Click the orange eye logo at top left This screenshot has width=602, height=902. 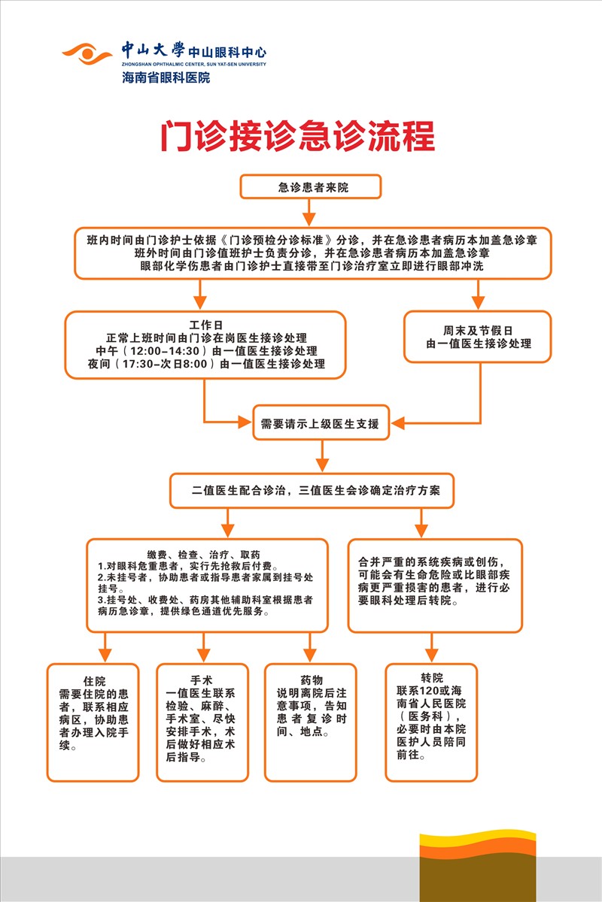pos(87,55)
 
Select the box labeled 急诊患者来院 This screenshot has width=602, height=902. pos(310,186)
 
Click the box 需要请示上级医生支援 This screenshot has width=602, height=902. pos(323,425)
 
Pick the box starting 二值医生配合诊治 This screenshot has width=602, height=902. pos(321,491)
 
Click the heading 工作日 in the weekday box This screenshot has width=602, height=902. pos(205,325)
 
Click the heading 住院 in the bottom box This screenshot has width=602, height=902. pos(93,678)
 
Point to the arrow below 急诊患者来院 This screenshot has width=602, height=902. pos(310,213)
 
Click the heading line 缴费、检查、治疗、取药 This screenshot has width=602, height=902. pos(205,553)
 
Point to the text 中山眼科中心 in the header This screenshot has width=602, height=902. pos(227,52)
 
